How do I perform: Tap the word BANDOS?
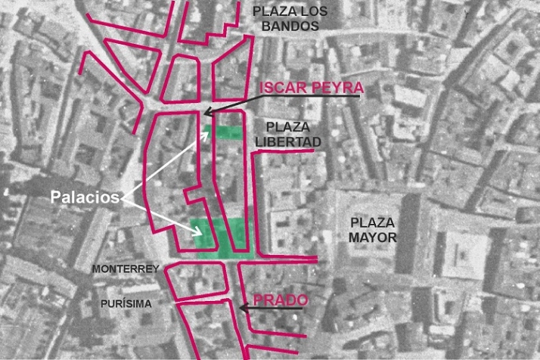pos(290,26)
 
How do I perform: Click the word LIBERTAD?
pos(288,141)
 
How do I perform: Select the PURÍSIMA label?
pos(126,303)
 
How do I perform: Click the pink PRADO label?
pos(280,300)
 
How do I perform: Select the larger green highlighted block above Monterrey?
pos(219,237)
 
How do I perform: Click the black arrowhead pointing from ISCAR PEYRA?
pos(206,113)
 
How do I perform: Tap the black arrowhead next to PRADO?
pos(242,307)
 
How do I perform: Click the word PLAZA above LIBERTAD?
pos(278,126)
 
